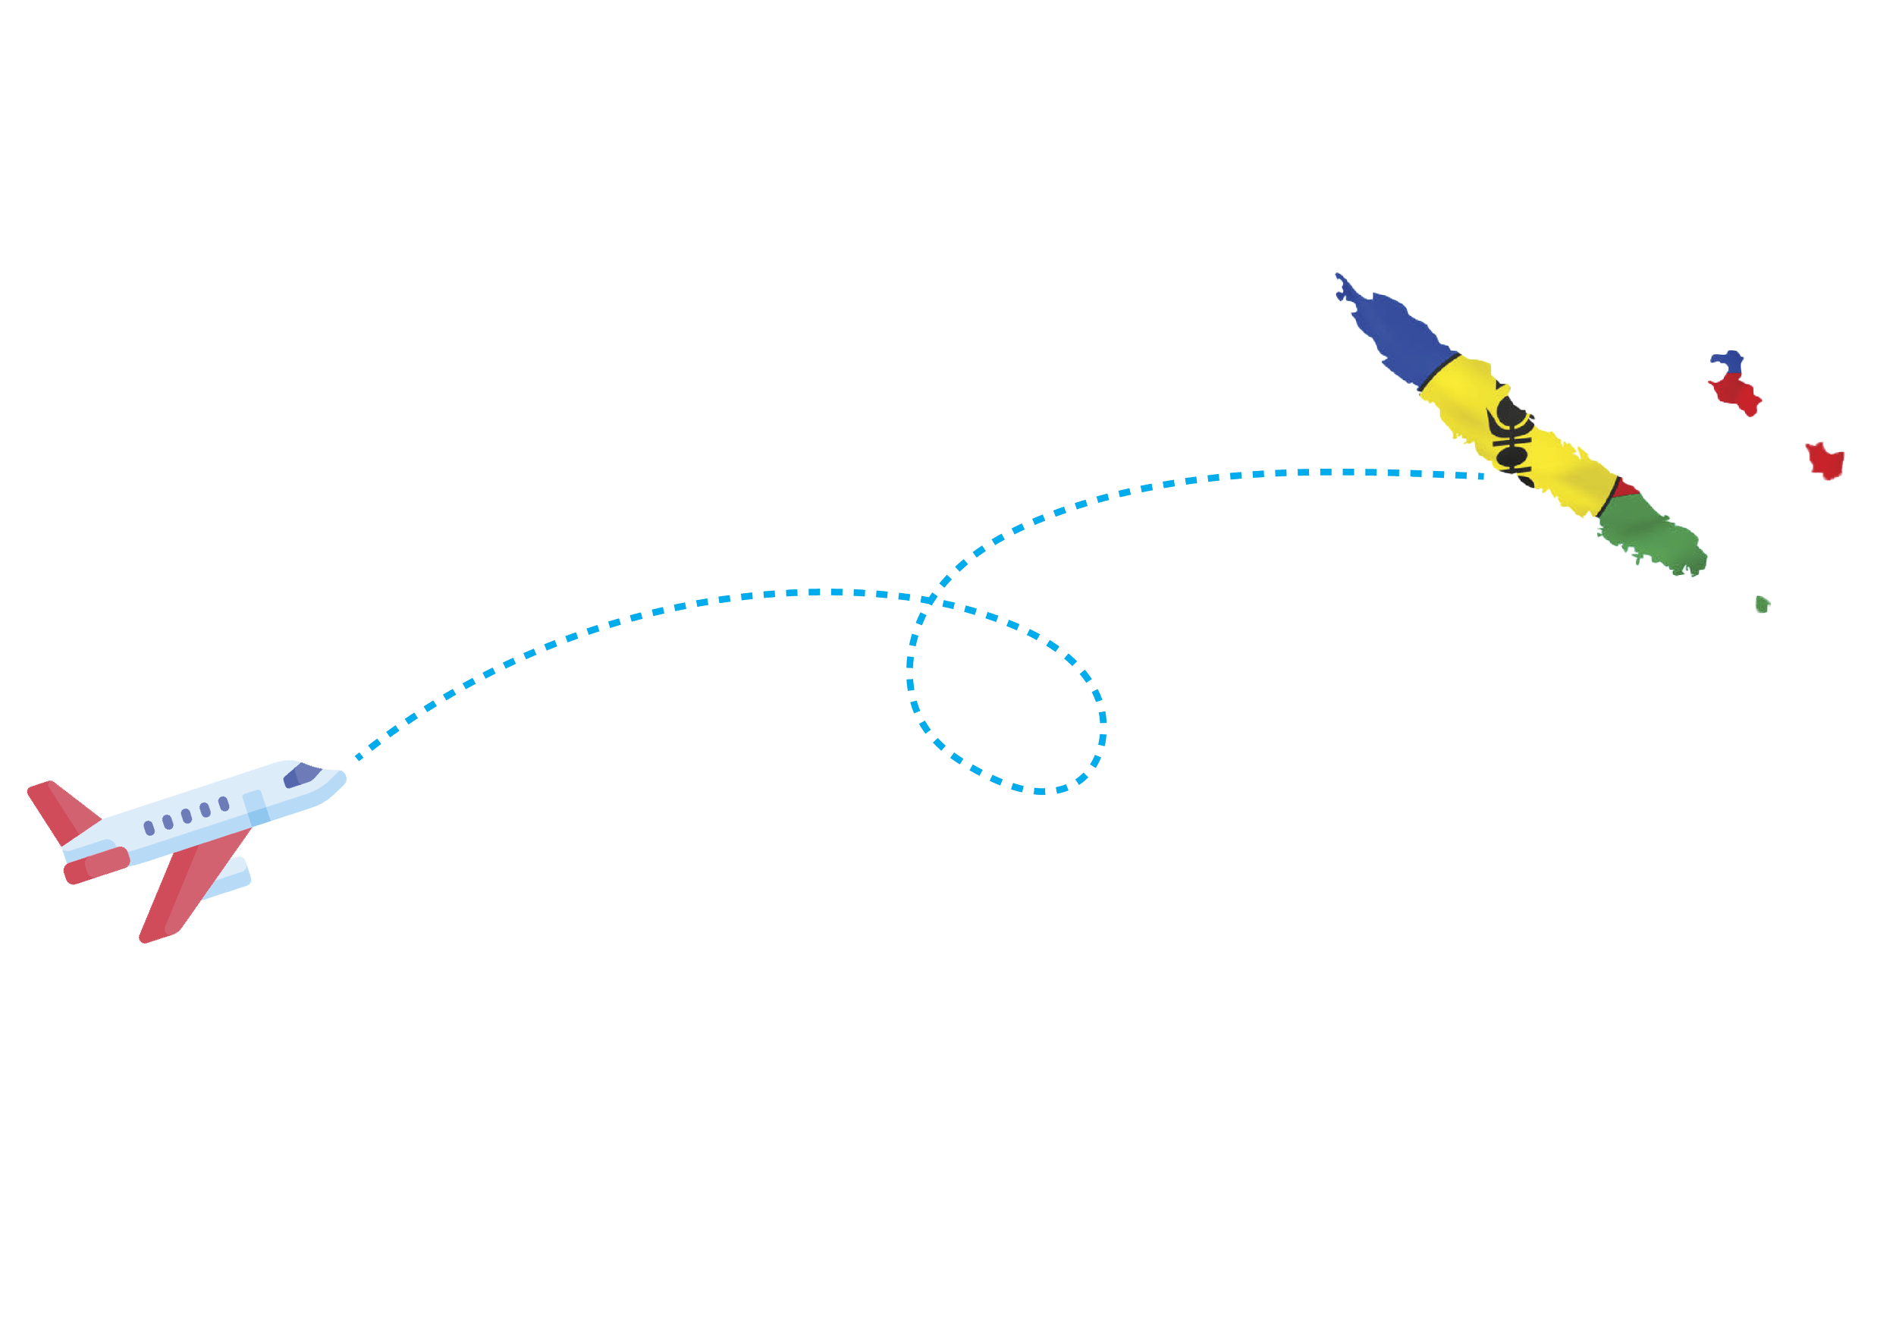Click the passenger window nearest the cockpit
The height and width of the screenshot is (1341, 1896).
coord(223,803)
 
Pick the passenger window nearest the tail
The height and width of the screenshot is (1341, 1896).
coord(149,828)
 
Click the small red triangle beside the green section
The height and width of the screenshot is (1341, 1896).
coord(1624,491)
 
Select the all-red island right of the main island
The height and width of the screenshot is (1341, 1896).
coord(1823,459)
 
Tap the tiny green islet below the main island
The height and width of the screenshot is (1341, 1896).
coord(1763,604)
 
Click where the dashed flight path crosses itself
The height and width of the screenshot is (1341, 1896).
coord(931,595)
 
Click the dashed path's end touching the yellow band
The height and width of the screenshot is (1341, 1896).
coord(1484,476)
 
